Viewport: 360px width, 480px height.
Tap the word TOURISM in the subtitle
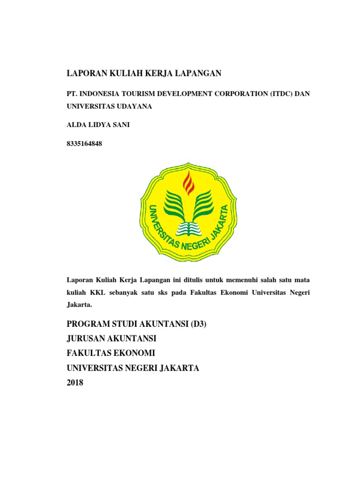click(x=141, y=94)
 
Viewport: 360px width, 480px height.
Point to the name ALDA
click(x=77, y=125)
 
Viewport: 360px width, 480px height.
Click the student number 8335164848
click(x=85, y=144)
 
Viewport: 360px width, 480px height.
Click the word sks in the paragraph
click(x=175, y=292)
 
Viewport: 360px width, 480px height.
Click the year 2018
click(x=75, y=383)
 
